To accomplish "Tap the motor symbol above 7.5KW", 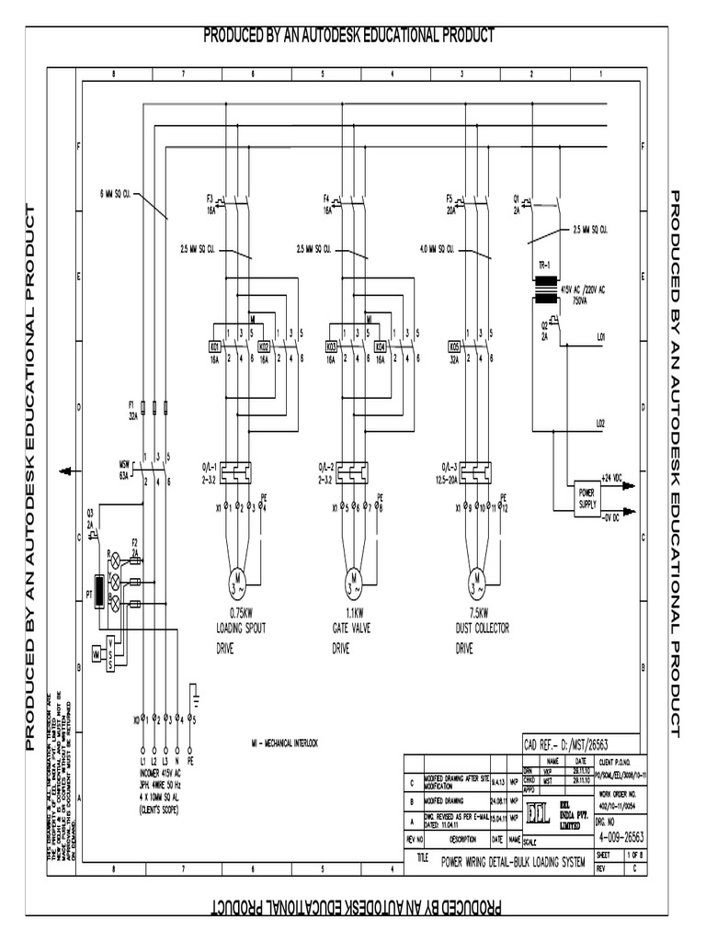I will (475, 581).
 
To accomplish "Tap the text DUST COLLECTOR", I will (483, 629).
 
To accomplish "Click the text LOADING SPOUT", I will (241, 629).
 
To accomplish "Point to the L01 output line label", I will (601, 338).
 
